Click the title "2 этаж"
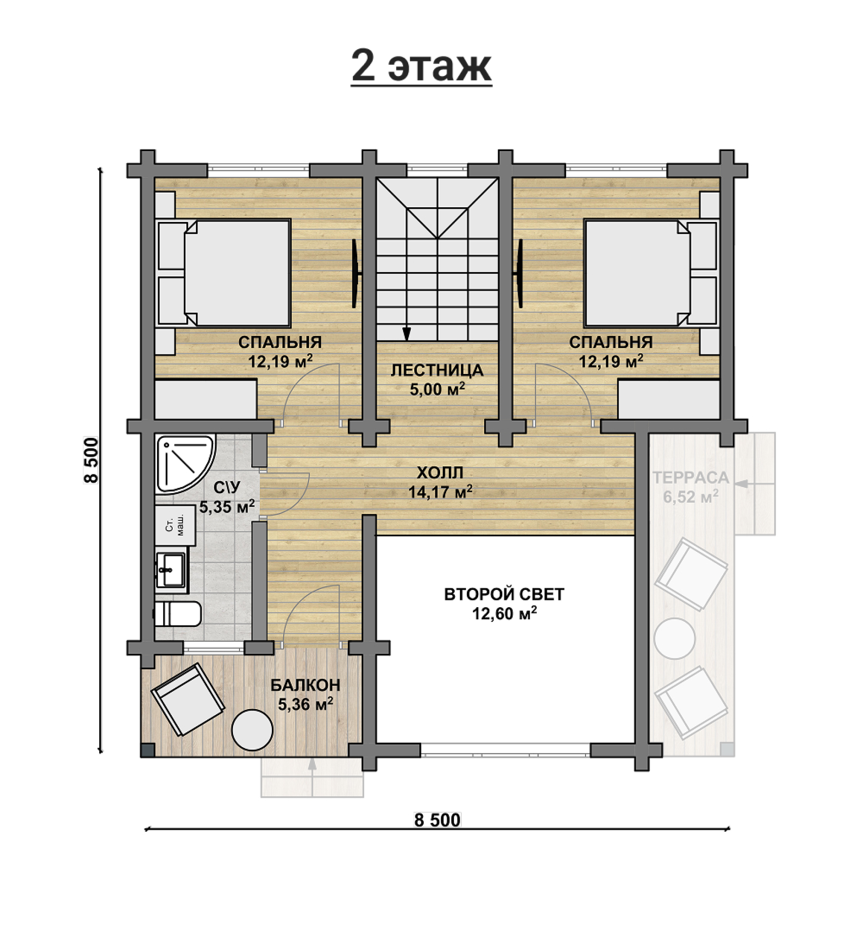[421, 67]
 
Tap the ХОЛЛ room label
[440, 473]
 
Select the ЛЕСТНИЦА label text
[437, 370]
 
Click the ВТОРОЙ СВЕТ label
[504, 594]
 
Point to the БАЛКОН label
[305, 685]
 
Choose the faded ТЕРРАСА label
[691, 477]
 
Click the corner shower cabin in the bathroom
[185, 464]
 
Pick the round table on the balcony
[252, 730]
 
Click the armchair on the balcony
[187, 699]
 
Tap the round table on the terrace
[674, 639]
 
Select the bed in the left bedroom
[223, 273]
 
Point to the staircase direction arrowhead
[406, 333]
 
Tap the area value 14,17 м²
[441, 492]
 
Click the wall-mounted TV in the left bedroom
[356, 274]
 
